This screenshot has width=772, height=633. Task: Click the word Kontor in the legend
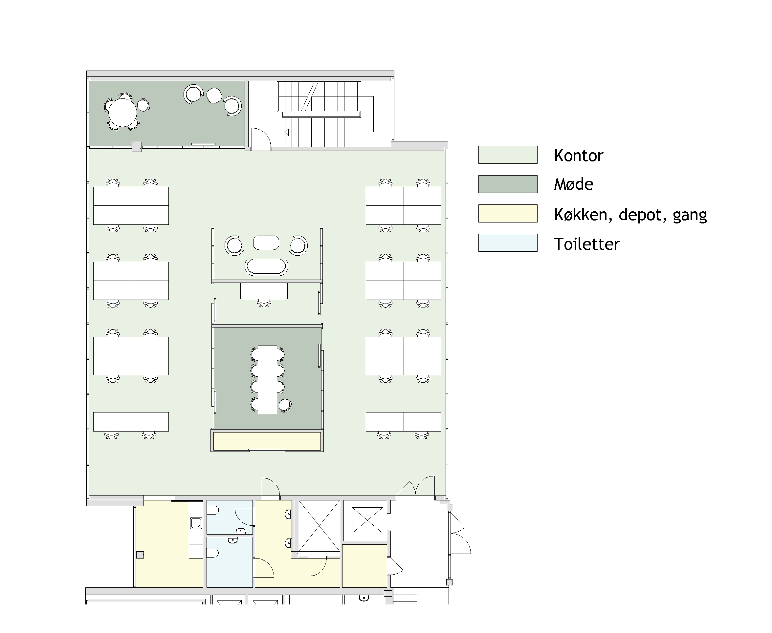click(x=578, y=155)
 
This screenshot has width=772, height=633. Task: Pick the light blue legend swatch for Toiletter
click(x=508, y=243)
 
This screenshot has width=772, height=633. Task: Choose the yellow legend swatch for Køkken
click(x=508, y=213)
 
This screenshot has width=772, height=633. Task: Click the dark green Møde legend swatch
click(x=508, y=184)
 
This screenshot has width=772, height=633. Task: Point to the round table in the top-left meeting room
click(x=122, y=113)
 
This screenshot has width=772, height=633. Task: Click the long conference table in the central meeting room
click(x=267, y=380)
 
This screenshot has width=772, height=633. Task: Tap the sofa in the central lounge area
click(x=266, y=267)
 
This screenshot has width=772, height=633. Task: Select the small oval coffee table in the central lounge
click(x=266, y=243)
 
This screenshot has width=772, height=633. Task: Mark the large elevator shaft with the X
click(x=319, y=526)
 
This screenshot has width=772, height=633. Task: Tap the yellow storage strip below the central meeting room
click(x=267, y=441)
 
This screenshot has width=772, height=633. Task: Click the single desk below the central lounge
click(x=264, y=291)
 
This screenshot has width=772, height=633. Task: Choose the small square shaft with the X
click(x=367, y=520)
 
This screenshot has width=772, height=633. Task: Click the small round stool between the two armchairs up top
click(x=214, y=95)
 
